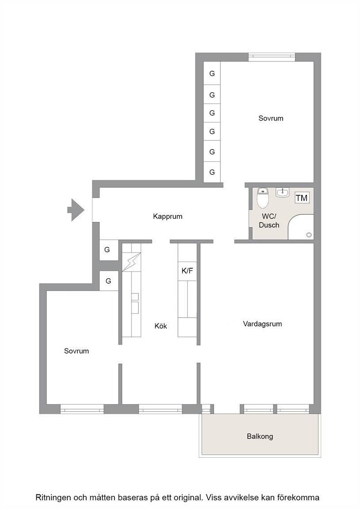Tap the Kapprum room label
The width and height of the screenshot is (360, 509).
point(168,217)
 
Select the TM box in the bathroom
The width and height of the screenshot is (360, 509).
point(302,198)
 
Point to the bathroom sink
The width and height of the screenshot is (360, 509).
point(283,193)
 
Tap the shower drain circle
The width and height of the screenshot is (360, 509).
point(309,235)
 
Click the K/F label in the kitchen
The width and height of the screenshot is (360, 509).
point(187,271)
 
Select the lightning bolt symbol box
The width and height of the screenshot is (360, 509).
point(132,262)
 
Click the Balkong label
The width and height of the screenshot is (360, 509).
point(260,436)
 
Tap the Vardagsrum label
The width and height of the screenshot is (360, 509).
point(263,323)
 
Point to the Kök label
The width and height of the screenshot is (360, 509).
point(161,326)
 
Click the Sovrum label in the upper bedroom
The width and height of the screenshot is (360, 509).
point(271,118)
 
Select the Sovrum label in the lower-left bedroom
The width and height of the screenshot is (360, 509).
point(77,351)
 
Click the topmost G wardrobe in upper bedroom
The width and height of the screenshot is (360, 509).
point(212,73)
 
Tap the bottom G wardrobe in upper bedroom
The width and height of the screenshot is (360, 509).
point(212,172)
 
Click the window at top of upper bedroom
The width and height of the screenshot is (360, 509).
point(272,57)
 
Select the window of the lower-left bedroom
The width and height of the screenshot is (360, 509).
point(82,409)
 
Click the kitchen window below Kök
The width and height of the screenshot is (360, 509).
point(161,409)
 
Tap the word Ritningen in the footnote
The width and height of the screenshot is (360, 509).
point(52,498)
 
